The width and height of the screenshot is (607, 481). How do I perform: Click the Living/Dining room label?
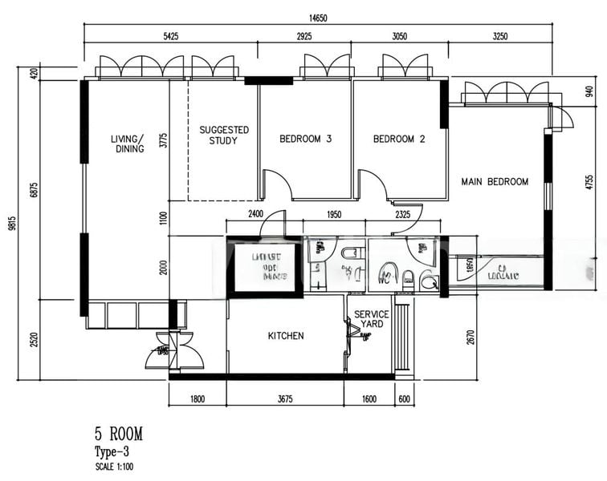coord(127,143)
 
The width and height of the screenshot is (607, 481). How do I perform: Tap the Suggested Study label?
coord(224,135)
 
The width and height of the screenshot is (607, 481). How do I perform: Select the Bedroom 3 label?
coord(305,139)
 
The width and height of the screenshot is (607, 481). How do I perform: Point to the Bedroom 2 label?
coord(399,139)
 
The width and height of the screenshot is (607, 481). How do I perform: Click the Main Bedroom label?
coord(495,182)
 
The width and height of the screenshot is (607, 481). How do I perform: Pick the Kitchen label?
coord(286,336)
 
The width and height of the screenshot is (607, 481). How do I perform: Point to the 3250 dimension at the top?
coord(499,37)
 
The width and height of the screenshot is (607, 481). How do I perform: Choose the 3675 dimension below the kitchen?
coord(285,398)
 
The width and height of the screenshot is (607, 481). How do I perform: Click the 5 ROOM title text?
coord(118,435)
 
